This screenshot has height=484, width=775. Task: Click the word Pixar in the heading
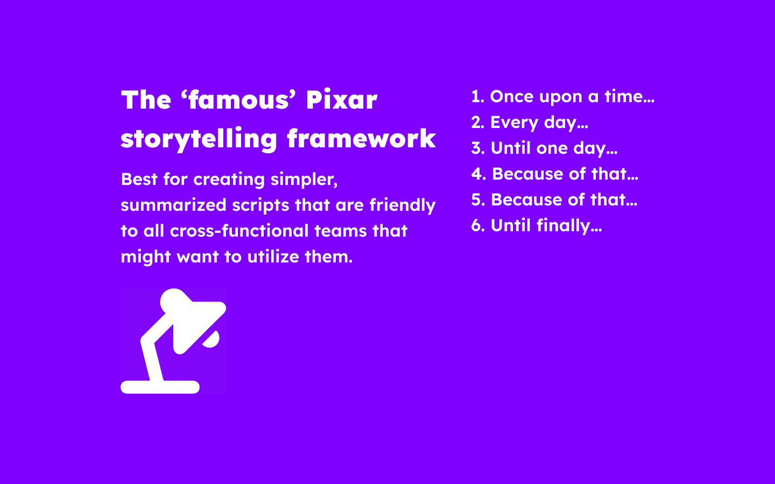coord(341,100)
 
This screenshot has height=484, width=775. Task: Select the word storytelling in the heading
coord(198,139)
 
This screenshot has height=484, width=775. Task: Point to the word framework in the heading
coord(361,139)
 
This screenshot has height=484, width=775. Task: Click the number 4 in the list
coord(477,174)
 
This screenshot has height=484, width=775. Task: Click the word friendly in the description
coord(402,205)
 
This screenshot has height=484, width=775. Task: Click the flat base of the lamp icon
coord(160,387)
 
